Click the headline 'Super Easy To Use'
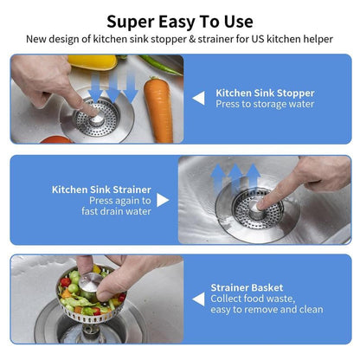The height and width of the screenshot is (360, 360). click(180, 21)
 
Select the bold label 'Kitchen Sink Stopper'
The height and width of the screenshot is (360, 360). click(264, 93)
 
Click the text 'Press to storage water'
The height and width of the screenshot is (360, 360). click(265, 105)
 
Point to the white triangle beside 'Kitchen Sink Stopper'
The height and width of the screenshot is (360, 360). click(198, 99)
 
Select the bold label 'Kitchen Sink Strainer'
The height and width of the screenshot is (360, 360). click(101, 188)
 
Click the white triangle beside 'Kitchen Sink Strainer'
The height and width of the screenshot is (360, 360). click(163, 200)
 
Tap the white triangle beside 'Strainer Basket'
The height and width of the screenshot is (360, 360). click(198, 299)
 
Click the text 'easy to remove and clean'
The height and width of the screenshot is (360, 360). click(267, 310)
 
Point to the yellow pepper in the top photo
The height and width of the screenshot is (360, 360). click(92, 61)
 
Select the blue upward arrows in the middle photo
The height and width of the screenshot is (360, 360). click(234, 178)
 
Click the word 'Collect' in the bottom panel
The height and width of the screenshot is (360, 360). click(226, 299)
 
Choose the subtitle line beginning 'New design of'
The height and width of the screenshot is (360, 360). click(180, 39)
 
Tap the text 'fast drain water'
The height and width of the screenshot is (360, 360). click(117, 211)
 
